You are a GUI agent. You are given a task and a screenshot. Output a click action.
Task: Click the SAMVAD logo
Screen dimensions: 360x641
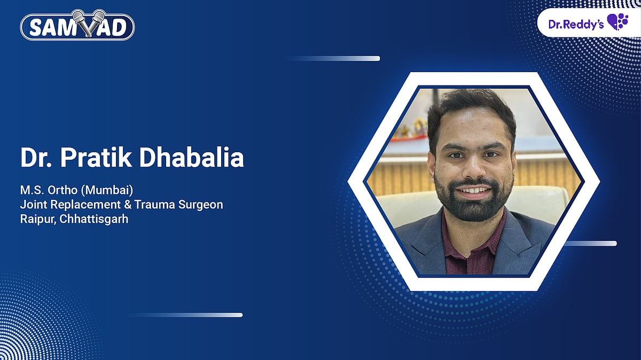(x=77, y=26)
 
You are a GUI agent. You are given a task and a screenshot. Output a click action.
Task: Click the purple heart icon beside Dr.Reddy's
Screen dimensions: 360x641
(x=617, y=22)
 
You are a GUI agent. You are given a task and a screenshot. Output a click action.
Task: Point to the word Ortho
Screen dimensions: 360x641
(x=55, y=191)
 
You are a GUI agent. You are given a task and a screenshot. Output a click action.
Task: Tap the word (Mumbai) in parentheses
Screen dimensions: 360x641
(x=96, y=191)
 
